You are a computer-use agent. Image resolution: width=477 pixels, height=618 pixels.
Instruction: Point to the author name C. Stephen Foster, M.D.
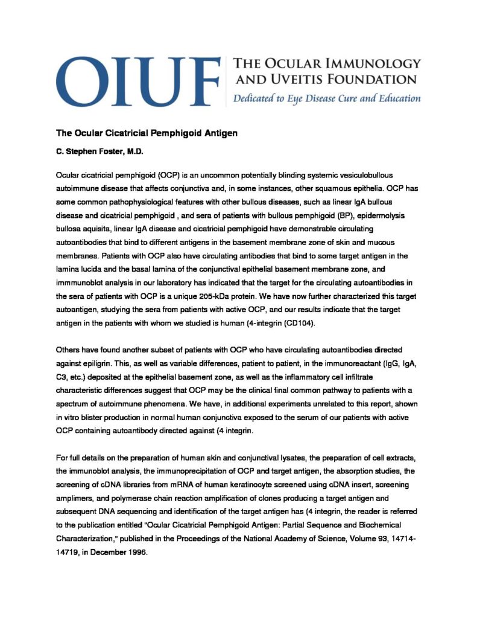coord(99,153)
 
